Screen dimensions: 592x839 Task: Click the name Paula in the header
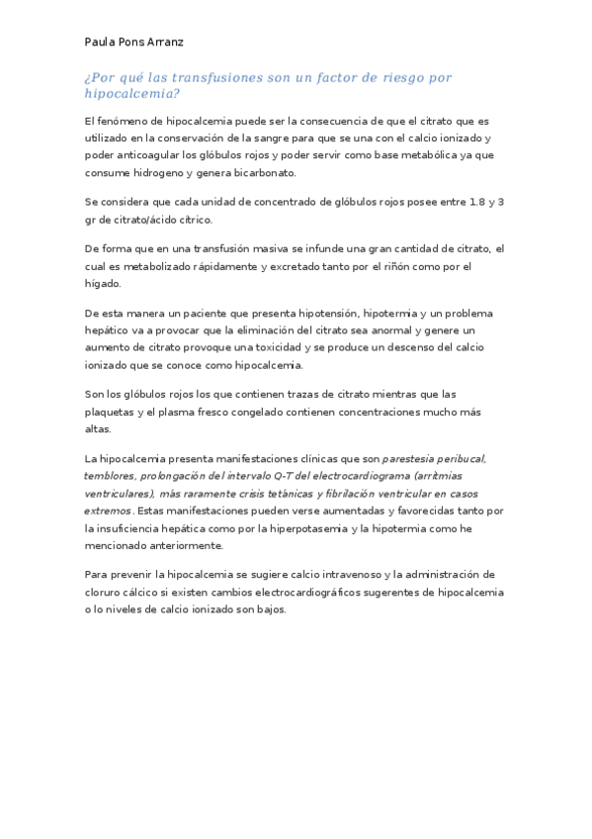coord(101,43)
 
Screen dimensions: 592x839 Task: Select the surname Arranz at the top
coord(164,43)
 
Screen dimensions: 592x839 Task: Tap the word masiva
coord(285,248)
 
